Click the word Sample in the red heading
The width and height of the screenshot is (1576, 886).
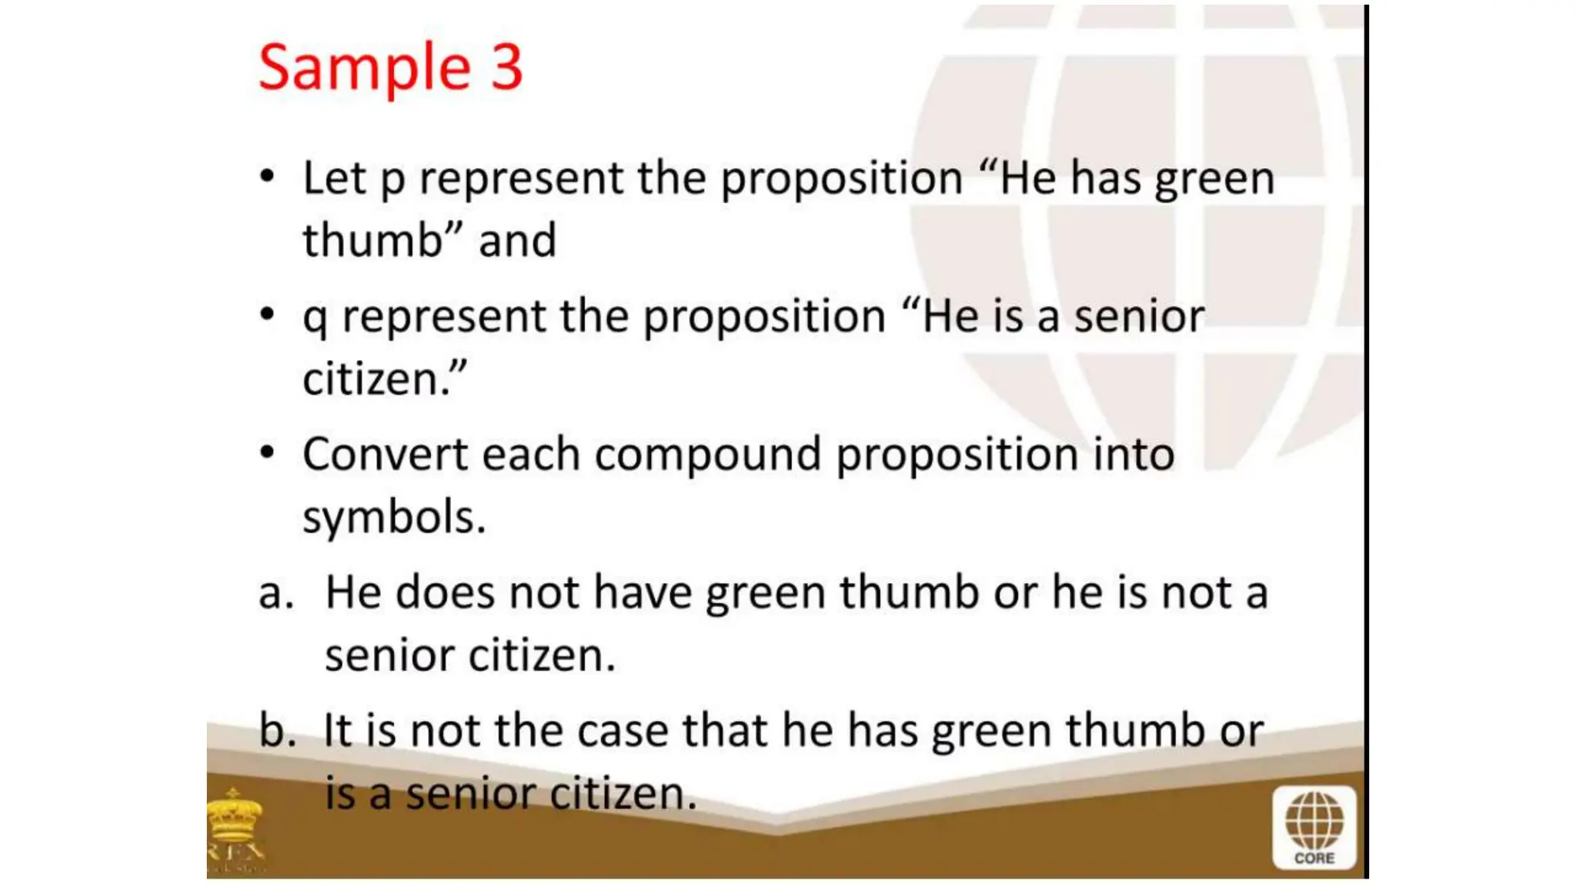364,68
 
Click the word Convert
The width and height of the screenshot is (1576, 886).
384,454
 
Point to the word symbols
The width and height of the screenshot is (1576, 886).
393,517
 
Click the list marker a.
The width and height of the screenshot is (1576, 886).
275,594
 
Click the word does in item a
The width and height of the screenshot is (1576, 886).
444,593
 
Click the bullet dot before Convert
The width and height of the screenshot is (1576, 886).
267,452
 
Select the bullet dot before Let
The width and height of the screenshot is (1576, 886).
267,176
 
